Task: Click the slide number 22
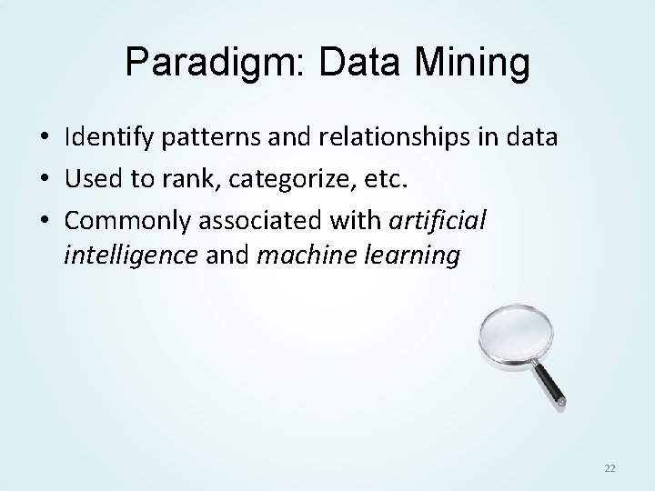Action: (x=610, y=466)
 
